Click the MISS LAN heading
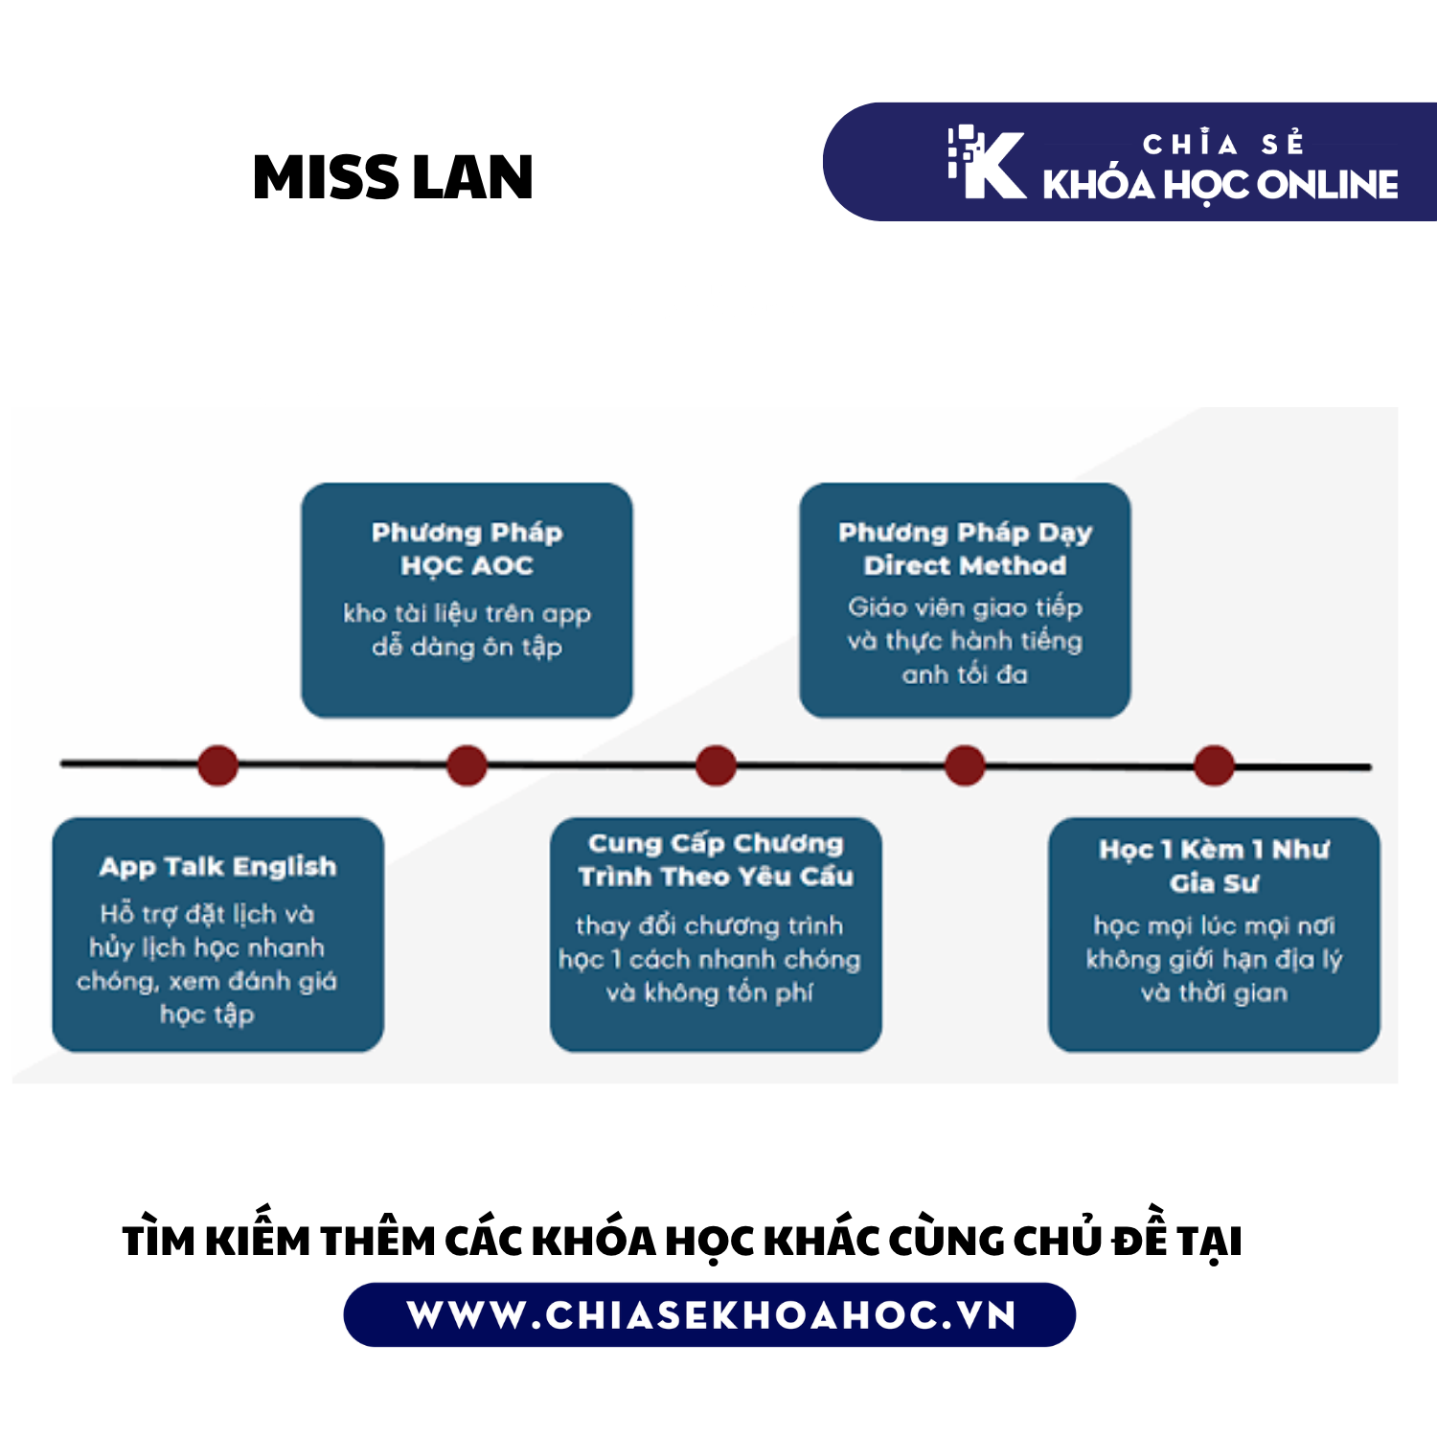click(x=393, y=178)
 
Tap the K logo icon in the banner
click(x=987, y=163)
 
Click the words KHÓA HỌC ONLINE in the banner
click(x=1220, y=186)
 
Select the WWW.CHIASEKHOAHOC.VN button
click(x=710, y=1314)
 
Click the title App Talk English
click(x=218, y=867)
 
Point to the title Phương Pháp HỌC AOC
click(x=467, y=549)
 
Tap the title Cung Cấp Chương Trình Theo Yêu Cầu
click(x=716, y=859)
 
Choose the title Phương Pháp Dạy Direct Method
click(x=965, y=549)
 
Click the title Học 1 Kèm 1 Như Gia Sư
click(x=1214, y=866)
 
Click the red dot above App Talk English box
click(x=218, y=765)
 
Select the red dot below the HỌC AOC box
click(x=467, y=765)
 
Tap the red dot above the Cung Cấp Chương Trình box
click(x=716, y=765)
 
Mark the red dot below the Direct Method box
click(x=965, y=765)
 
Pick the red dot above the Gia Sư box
click(x=1214, y=765)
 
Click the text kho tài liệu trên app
click(x=467, y=613)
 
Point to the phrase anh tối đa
click(x=965, y=674)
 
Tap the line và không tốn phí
click(x=710, y=993)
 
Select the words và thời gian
click(x=1214, y=992)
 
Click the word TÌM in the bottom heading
click(x=159, y=1240)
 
